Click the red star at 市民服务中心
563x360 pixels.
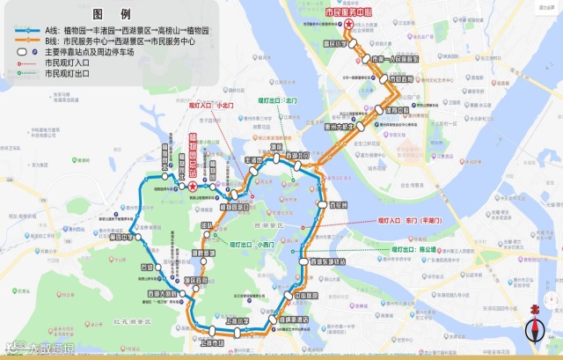click(349, 25)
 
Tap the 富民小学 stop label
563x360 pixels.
click(333, 42)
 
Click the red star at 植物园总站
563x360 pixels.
click(193, 186)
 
